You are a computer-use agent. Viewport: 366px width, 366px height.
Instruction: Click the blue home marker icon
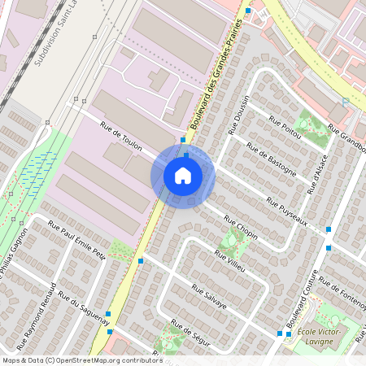tap(183, 175)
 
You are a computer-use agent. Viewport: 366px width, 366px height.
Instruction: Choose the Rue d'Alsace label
tap(318, 174)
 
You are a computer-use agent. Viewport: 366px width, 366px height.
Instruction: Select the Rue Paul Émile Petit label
tap(77, 241)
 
